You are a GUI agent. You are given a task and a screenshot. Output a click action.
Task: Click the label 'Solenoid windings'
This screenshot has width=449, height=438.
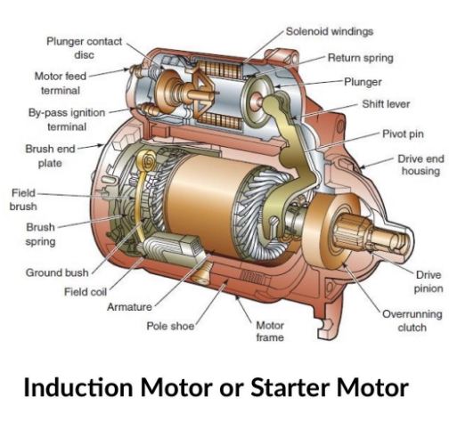330,31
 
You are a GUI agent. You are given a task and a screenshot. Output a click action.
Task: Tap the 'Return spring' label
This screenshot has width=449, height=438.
361,58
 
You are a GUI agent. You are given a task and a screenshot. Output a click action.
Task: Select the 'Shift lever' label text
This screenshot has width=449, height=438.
386,104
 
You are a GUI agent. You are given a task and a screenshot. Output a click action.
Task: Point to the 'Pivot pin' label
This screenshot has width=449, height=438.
403,134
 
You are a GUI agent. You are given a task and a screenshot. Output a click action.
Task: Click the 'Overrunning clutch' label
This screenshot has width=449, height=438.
412,320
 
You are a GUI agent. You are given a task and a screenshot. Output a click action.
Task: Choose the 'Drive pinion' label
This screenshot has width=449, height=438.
429,281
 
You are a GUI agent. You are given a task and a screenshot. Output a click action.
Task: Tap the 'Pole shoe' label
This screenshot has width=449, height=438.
170,326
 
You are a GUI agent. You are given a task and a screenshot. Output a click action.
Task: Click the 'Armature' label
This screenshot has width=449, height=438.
129,307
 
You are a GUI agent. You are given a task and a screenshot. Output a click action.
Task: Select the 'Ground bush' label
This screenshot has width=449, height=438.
57,272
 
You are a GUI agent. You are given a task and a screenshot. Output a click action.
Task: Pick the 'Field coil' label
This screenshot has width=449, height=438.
86,292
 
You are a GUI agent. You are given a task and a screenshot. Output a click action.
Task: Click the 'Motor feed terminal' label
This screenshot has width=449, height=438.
61,84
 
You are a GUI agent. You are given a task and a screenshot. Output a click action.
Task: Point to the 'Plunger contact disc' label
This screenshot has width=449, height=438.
85,48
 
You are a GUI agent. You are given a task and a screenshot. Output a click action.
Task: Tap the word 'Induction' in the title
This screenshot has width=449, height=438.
78,387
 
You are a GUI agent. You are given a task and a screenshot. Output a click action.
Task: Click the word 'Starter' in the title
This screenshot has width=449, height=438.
290,387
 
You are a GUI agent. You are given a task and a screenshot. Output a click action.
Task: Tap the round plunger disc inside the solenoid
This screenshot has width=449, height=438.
255,101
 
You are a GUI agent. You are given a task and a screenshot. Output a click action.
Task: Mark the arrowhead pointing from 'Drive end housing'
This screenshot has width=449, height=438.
362,166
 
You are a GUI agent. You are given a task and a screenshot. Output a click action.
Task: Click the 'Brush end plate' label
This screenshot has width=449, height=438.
50,156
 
